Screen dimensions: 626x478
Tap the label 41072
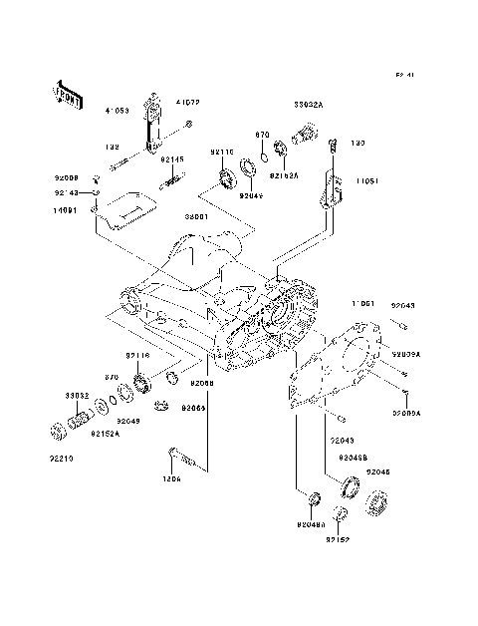pos(188,102)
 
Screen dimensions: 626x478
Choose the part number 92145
pos(173,158)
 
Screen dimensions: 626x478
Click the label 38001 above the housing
pos(195,217)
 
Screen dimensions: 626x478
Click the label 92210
pos(62,460)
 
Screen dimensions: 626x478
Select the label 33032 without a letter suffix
pos(79,395)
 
